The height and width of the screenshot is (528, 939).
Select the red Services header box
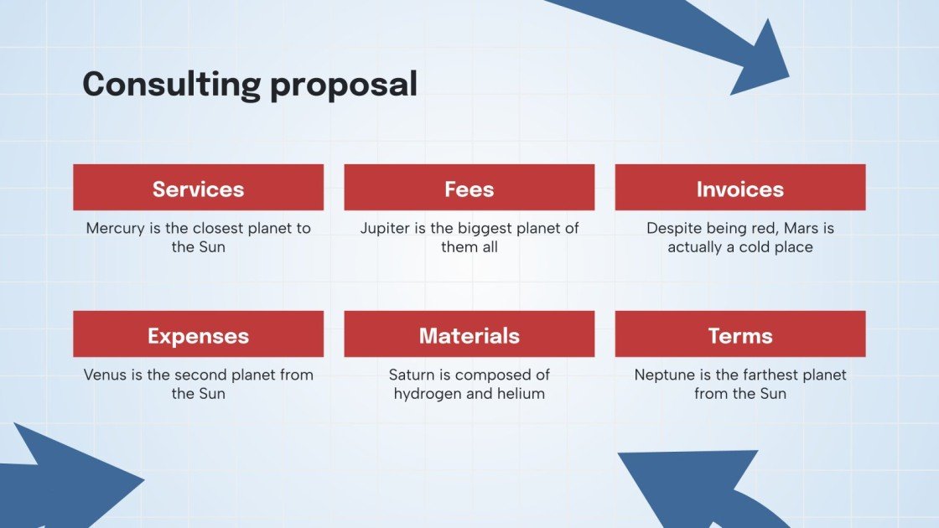pos(198,188)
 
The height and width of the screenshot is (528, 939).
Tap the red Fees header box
pos(469,188)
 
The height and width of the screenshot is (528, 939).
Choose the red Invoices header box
pos(739,188)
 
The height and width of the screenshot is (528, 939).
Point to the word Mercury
pos(115,228)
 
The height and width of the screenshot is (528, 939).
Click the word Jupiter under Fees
pos(385,228)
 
